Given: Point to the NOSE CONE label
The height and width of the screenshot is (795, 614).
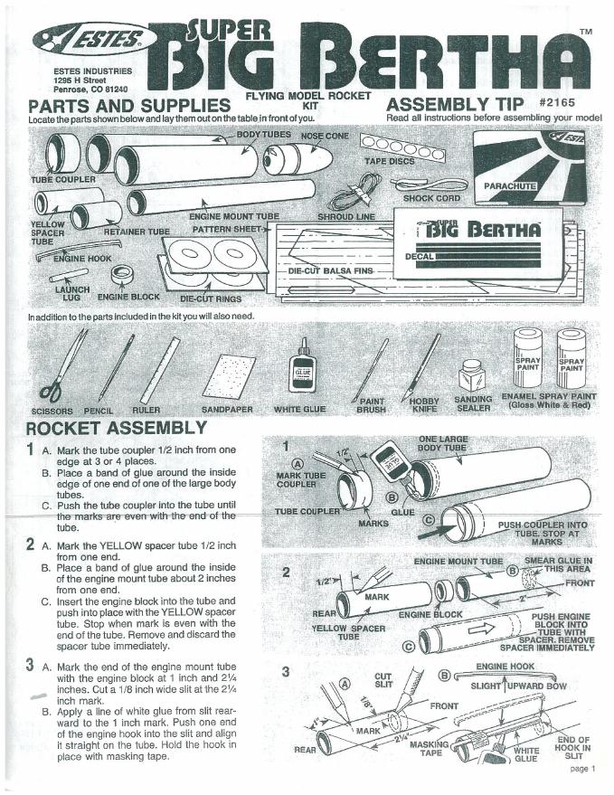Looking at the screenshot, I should point(324,136).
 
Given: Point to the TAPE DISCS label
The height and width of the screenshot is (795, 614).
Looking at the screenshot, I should point(389,161).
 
